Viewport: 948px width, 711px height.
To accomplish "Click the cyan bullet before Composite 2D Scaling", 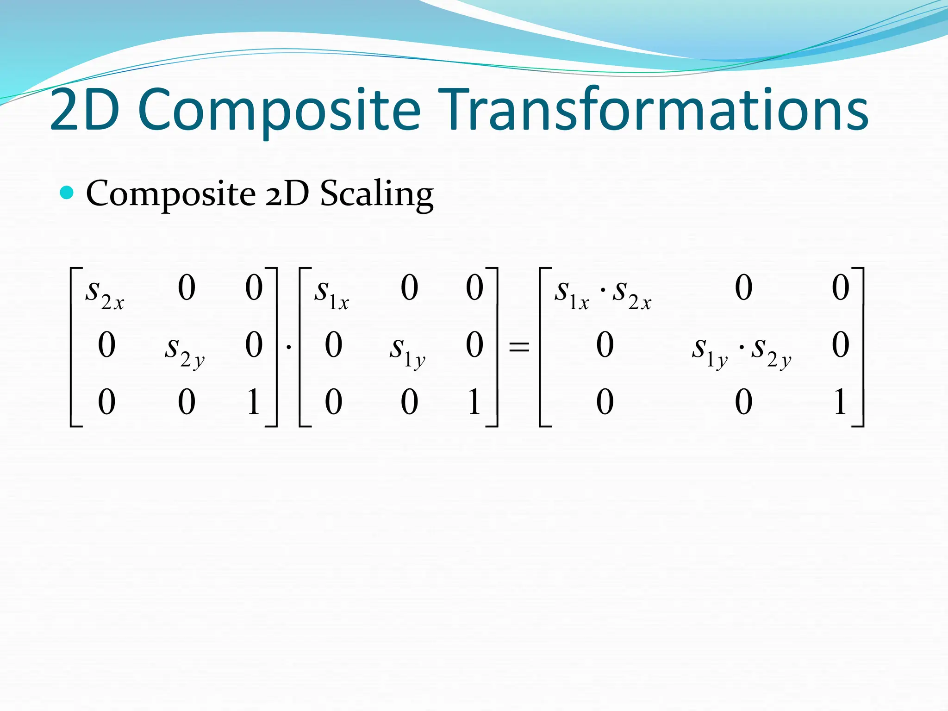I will pyautogui.click(x=67, y=192).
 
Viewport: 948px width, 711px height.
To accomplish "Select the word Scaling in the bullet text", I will pyautogui.click(x=377, y=193).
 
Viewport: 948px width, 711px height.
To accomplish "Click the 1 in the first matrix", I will pyautogui.click(x=253, y=401).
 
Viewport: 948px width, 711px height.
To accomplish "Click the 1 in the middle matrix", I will pyautogui.click(x=474, y=401).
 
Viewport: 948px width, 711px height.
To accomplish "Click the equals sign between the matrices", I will pyautogui.click(x=519, y=346).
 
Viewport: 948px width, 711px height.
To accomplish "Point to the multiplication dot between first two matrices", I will pyautogui.click(x=289, y=346).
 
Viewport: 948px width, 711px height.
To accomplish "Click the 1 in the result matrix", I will pyautogui.click(x=840, y=401).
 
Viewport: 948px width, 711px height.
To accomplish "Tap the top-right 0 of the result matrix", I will pyautogui.click(x=840, y=287).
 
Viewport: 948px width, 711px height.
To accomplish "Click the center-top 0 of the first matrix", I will pyautogui.click(x=187, y=287).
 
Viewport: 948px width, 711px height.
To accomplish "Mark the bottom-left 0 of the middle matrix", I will pyautogui.click(x=333, y=401).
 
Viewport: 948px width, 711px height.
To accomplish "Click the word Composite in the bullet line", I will pyautogui.click(x=171, y=193).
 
